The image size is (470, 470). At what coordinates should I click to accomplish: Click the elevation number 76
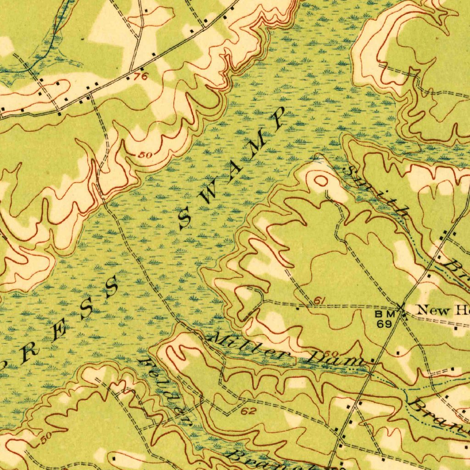(x=141, y=77)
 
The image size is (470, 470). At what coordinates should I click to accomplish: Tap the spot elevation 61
(x=320, y=301)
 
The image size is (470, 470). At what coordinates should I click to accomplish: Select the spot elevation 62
(x=248, y=411)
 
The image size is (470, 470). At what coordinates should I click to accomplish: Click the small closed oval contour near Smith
(x=320, y=180)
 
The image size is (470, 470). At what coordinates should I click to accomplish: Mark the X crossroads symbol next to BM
(x=402, y=308)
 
